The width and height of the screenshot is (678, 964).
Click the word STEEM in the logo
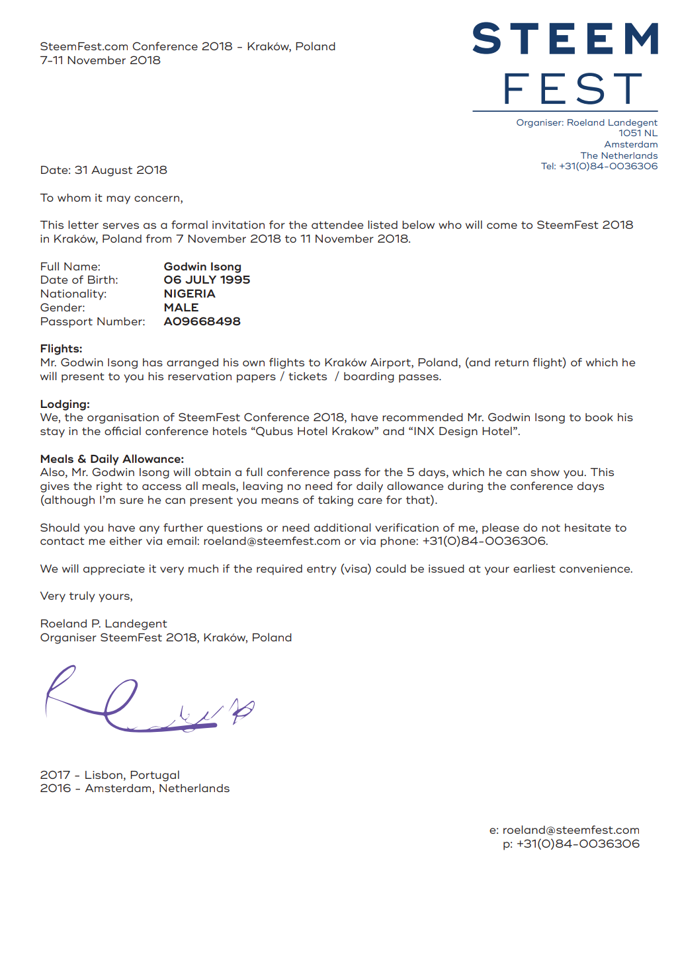pos(566,39)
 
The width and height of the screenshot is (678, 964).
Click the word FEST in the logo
pos(572,89)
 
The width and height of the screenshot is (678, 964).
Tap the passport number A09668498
pos(202,322)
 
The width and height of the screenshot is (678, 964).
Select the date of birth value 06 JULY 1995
pos(207,280)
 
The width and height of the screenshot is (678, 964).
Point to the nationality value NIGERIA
pos(189,294)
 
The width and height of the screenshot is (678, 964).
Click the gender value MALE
pos(181,308)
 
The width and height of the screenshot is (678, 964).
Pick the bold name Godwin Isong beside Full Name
pos(202,267)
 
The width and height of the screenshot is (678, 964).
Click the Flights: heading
pos(62,349)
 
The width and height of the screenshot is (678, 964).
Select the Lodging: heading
pos(65,405)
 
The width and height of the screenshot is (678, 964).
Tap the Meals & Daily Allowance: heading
pos(112,460)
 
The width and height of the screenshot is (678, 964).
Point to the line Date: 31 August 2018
pos(104,171)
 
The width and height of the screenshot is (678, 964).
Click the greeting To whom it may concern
pos(112,198)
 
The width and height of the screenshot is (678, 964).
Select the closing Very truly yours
pos(87,596)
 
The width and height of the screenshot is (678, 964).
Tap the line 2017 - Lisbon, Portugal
pos(110,776)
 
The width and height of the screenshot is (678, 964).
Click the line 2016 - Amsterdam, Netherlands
pos(135,789)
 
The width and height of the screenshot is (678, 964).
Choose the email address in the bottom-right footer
pos(571,830)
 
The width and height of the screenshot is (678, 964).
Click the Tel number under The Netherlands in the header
pos(608,167)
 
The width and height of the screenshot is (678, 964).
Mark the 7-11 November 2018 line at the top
pos(101,61)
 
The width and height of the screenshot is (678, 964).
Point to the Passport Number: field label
pos(93,322)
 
